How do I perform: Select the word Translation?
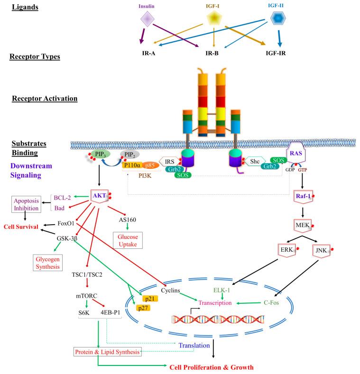tap(194, 346)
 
